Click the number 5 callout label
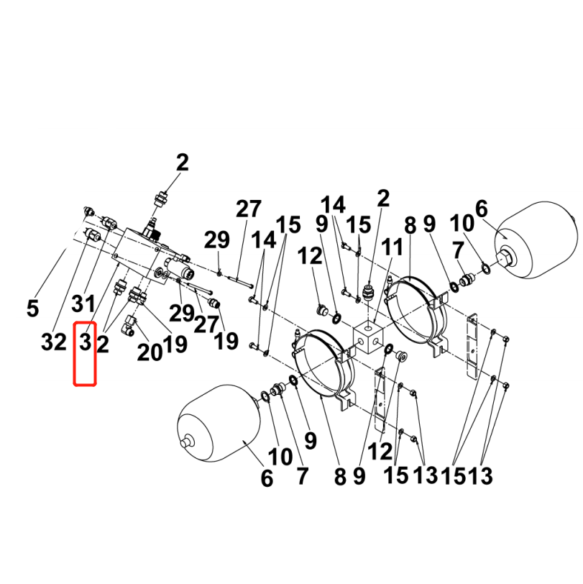pos(33,309)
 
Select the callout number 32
pos(54,342)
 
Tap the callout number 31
pos(83,304)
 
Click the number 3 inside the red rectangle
pos(86,342)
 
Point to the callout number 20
pos(150,352)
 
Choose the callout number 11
pos(392,247)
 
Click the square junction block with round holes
pos(368,337)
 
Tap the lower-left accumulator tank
pos(219,424)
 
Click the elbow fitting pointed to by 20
pos(128,325)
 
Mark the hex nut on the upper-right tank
pos(505,258)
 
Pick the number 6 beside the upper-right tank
pos(482,209)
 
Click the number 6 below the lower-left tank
pos(267,478)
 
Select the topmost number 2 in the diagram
pos(182,163)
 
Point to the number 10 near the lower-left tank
pos(280,457)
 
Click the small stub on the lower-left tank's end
pos(185,443)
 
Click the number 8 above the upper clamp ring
pos(410,226)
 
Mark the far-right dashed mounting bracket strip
pos(472,346)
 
